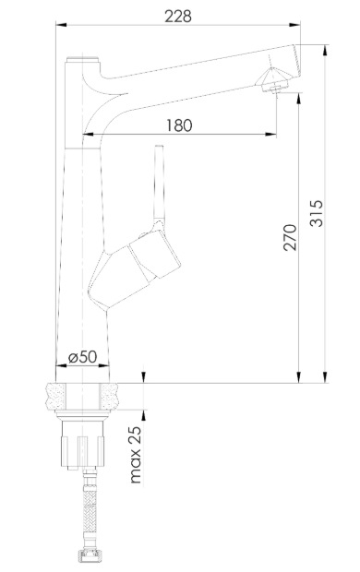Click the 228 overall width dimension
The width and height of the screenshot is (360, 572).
(178, 17)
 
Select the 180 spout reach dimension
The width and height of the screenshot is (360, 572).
(179, 125)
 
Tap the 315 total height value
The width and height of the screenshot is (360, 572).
(317, 213)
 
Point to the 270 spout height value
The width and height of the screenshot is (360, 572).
(290, 237)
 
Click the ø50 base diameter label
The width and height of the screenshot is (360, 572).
(82, 357)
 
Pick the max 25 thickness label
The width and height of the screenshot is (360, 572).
(135, 454)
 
